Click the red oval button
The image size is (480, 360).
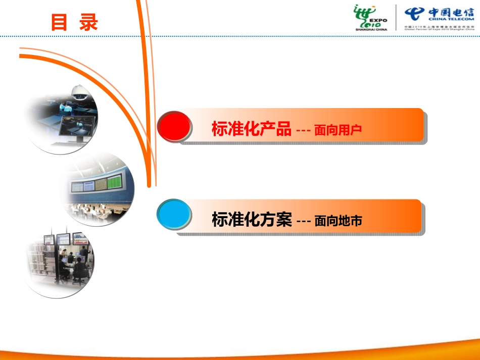point(174,126)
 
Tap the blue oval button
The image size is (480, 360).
point(174,215)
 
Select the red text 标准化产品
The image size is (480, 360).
point(251,130)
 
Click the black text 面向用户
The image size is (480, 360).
point(338,131)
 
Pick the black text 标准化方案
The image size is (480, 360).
point(251,220)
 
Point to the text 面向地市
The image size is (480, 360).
point(338,221)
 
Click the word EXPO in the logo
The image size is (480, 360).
point(379,21)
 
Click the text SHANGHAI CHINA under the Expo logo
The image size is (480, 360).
point(371,30)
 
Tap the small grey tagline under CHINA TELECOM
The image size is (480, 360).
point(439,27)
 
